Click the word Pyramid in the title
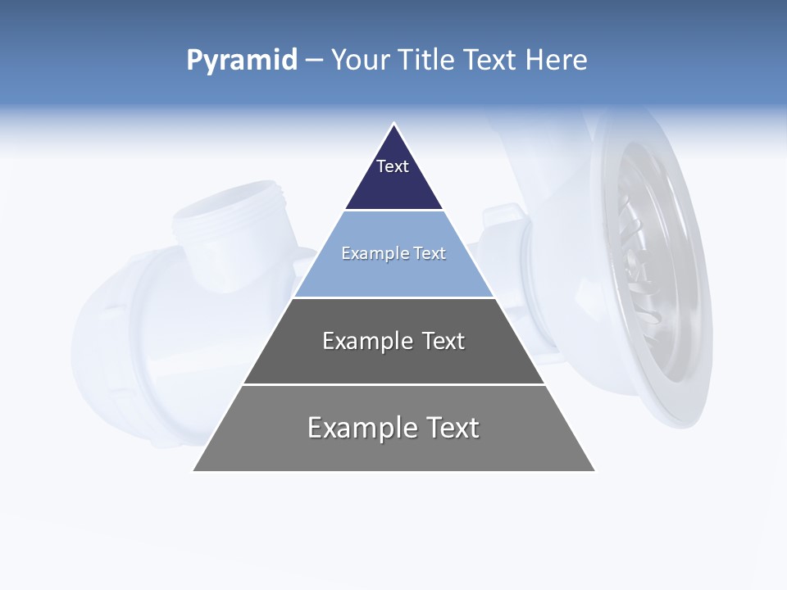click(242, 60)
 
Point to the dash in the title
click(313, 61)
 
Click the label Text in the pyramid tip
click(393, 166)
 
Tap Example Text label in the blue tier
click(393, 253)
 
